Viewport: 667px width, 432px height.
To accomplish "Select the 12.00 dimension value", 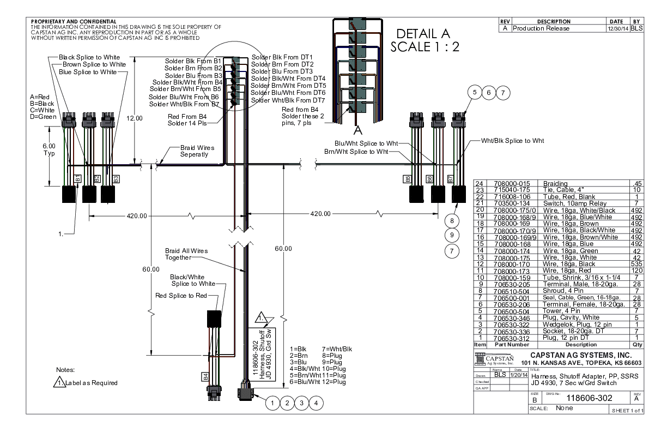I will coord(135,118).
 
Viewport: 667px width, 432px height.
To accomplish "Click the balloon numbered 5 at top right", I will coord(475,93).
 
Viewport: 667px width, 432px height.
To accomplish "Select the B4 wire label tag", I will coord(206,376).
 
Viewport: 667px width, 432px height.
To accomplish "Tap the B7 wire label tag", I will coord(450,178).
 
